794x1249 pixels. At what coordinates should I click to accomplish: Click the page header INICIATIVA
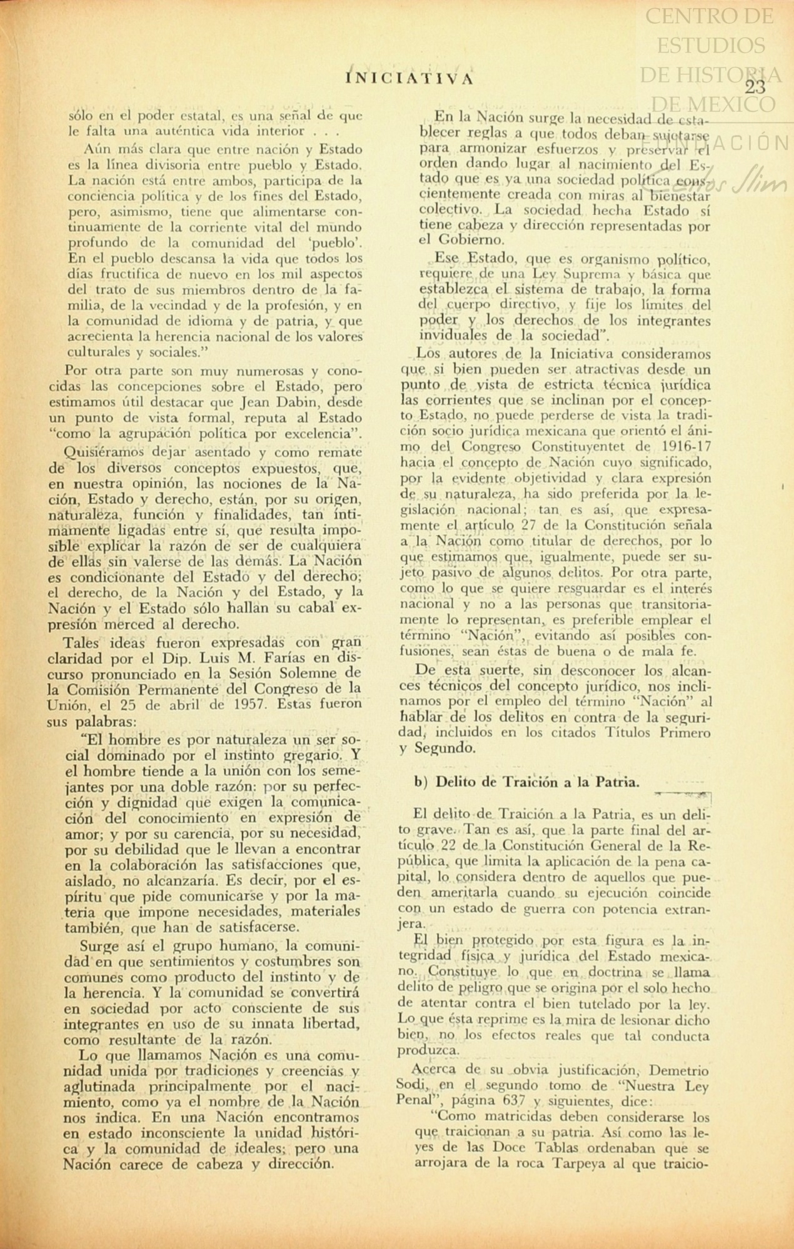point(410,77)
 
